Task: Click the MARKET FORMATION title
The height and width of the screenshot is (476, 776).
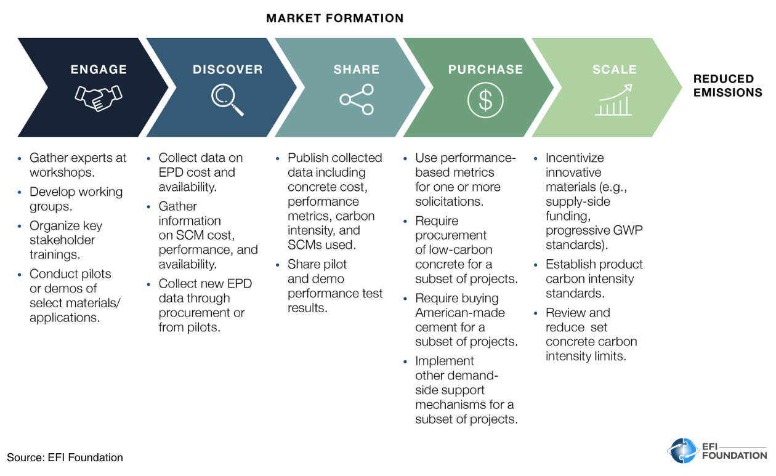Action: pyautogui.click(x=334, y=18)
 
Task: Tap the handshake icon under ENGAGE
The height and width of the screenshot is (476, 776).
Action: pyautogui.click(x=99, y=97)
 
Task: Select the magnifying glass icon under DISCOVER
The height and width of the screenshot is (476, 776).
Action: pyautogui.click(x=227, y=99)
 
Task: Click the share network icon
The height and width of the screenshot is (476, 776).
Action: pyautogui.click(x=357, y=100)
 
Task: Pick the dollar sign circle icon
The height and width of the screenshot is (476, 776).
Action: pyautogui.click(x=485, y=100)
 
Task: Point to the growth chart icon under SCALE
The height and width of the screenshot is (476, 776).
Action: pyautogui.click(x=613, y=100)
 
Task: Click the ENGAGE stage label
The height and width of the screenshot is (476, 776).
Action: pyautogui.click(x=99, y=70)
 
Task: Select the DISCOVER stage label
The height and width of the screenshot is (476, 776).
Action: pyautogui.click(x=227, y=70)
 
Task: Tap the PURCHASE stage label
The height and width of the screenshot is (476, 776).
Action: pyautogui.click(x=485, y=70)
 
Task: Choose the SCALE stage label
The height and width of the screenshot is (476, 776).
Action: pyautogui.click(x=614, y=70)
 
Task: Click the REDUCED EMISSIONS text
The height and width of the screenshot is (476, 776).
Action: pyautogui.click(x=727, y=86)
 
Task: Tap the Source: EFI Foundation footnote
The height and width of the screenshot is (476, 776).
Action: pyautogui.click(x=65, y=458)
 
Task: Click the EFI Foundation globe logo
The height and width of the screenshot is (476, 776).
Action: pyautogui.click(x=682, y=451)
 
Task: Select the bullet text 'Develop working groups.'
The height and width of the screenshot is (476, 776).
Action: pyautogui.click(x=76, y=199)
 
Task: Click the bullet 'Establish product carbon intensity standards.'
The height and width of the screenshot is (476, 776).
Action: pyautogui.click(x=594, y=278)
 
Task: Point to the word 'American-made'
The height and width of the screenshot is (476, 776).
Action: pyautogui.click(x=459, y=313)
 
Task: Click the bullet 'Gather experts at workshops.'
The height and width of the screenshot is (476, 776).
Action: pyautogui.click(x=78, y=165)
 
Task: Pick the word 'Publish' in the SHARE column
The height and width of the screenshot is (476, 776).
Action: pyautogui.click(x=309, y=158)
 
